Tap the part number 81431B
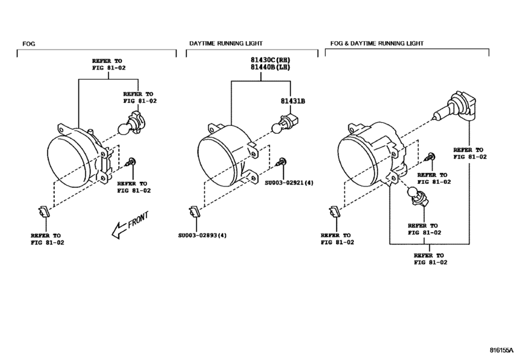click(292, 101)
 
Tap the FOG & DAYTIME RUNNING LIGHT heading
click(377, 43)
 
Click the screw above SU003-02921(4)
click(282, 162)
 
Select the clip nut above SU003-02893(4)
click(193, 211)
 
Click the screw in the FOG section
click(131, 162)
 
